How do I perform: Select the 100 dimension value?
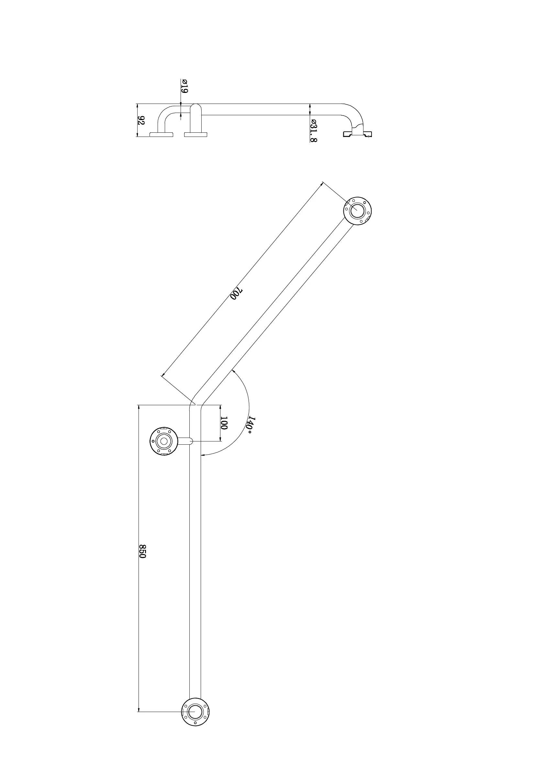click(224, 423)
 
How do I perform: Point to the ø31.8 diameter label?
click(314, 130)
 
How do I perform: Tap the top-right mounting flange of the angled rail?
click(357, 211)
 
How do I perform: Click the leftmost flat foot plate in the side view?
click(162, 134)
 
